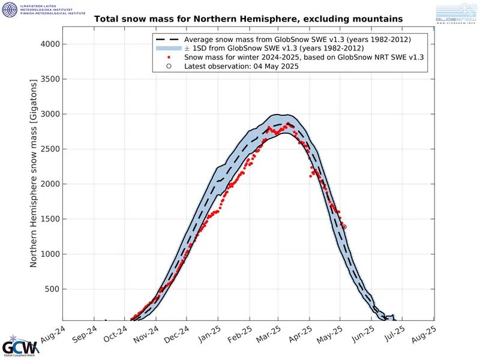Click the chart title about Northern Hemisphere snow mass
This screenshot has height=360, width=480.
point(248,19)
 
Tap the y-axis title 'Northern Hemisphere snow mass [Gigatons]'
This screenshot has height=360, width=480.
point(34,174)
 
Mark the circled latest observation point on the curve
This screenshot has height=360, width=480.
point(344,227)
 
